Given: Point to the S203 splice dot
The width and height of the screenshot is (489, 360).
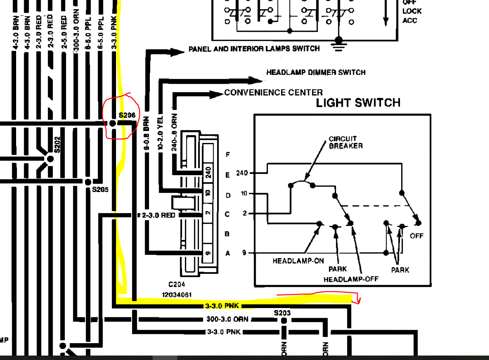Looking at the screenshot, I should [284, 321].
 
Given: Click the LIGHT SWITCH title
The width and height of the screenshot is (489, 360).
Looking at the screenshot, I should [358, 103].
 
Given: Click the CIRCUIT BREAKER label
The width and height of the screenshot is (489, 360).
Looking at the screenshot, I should [346, 142].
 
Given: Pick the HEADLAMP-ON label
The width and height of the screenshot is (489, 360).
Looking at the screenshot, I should [298, 261].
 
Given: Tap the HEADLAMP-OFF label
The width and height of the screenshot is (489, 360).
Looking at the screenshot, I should [351, 279].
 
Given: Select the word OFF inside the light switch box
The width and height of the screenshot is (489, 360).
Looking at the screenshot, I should [416, 236].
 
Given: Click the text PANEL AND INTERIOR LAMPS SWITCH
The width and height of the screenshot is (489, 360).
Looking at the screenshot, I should [254, 49].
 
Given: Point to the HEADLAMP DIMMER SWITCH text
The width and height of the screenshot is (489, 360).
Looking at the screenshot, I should [316, 72].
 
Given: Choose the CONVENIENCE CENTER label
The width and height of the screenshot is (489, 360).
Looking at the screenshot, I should [274, 93].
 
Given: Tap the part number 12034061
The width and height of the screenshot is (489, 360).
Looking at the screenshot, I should [177, 295].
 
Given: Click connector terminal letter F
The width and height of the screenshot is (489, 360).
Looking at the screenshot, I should [228, 155].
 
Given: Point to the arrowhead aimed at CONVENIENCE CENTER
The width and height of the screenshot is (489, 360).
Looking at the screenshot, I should [218, 94].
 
